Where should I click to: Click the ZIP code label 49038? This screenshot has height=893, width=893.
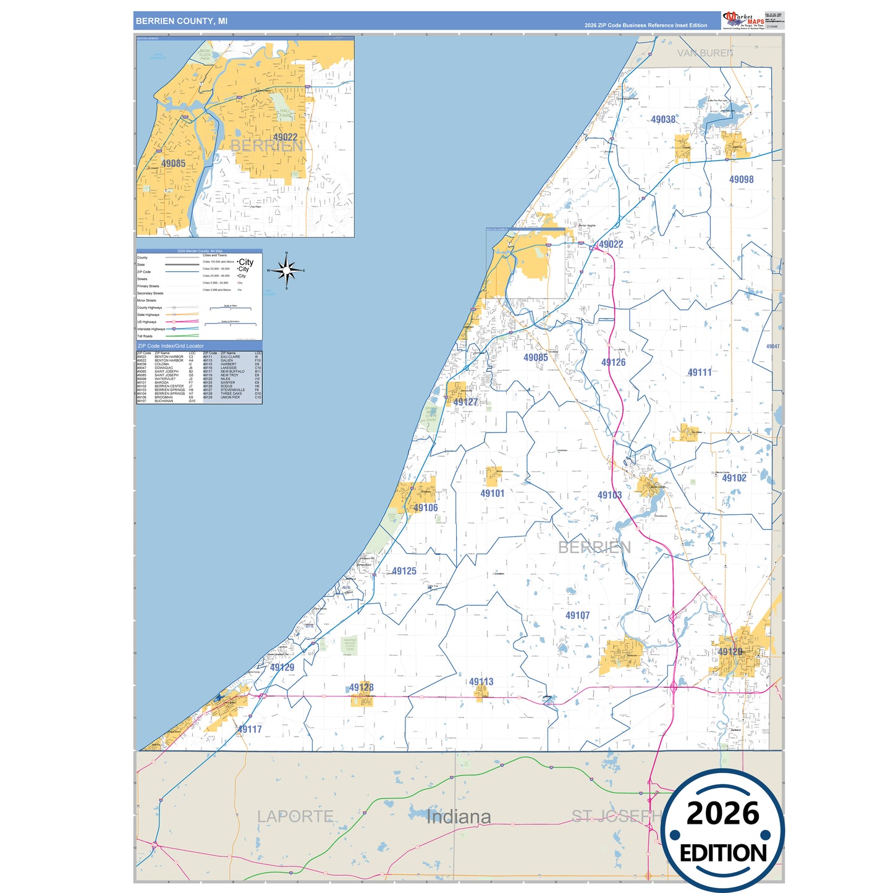[x=663, y=119]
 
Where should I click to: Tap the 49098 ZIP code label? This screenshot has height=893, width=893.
[x=741, y=179]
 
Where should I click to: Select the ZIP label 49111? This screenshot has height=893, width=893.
[x=700, y=372]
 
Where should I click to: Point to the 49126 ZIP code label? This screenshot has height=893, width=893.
[x=613, y=362]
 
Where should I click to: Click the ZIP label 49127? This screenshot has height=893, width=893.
[x=465, y=402]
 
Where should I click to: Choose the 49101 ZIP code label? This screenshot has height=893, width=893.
[x=493, y=493]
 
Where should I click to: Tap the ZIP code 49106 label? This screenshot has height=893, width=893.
[x=426, y=508]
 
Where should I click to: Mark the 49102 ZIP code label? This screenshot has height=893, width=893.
[x=734, y=478]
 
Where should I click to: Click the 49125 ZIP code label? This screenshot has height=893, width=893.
[x=404, y=571]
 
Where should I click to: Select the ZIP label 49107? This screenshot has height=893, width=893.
[x=577, y=616]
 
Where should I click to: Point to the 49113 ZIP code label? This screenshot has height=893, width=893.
[x=481, y=682]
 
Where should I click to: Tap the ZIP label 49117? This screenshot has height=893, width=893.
[x=250, y=729]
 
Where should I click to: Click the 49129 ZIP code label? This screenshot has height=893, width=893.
[x=282, y=667]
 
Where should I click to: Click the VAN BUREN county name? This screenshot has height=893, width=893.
[x=705, y=53]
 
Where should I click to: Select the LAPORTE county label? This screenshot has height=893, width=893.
[x=295, y=816]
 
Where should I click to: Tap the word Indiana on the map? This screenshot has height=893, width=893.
[x=459, y=817]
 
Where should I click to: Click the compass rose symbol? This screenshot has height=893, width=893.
[x=286, y=270]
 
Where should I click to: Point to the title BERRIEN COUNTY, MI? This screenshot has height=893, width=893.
[x=182, y=21]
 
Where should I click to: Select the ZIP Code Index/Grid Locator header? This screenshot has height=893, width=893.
[x=171, y=346]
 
